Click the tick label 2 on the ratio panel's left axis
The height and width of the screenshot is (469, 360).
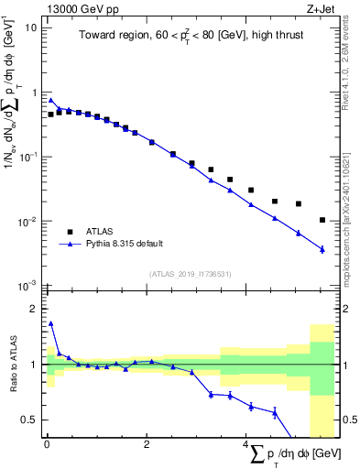coord(34,309)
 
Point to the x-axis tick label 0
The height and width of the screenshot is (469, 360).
coord(47,446)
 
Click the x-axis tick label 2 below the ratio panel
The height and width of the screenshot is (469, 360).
coord(147,446)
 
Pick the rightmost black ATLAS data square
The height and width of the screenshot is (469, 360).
coord(322,220)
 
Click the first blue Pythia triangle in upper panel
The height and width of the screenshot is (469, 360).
coord(51,100)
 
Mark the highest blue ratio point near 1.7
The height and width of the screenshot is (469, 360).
coord(51,323)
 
